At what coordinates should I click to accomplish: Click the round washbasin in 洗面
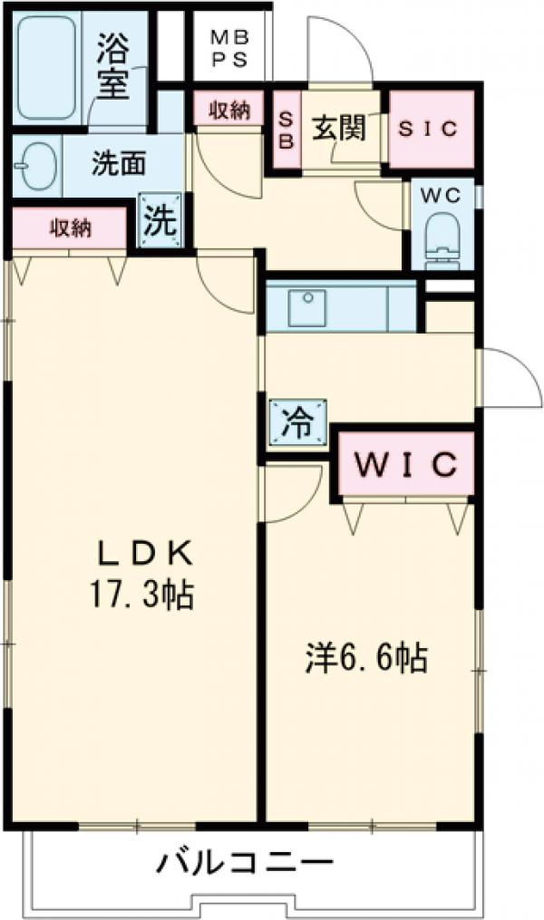tap(34, 163)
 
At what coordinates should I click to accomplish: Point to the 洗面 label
tap(119, 164)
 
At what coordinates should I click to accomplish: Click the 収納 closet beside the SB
tap(229, 109)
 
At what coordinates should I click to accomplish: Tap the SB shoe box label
tap(285, 130)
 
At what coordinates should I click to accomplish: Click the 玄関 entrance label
tap(339, 129)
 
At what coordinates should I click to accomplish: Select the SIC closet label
tap(430, 130)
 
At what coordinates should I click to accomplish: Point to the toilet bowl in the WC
tap(442, 237)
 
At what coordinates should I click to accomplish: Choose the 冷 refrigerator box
tap(296, 423)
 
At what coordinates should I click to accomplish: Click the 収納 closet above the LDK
tap(69, 228)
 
